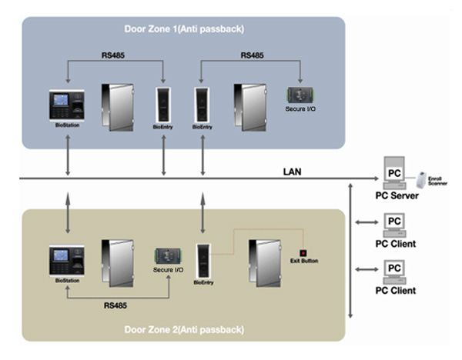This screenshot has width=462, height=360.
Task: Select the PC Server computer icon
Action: pyautogui.click(x=395, y=170)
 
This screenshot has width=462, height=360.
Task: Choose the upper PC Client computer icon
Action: pyautogui.click(x=394, y=224)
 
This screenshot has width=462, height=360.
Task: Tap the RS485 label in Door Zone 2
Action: pyautogui.click(x=116, y=305)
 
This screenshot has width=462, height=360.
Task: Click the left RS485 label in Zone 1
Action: pyautogui.click(x=116, y=55)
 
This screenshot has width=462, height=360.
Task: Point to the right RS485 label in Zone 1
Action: pyautogui.click(x=251, y=55)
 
